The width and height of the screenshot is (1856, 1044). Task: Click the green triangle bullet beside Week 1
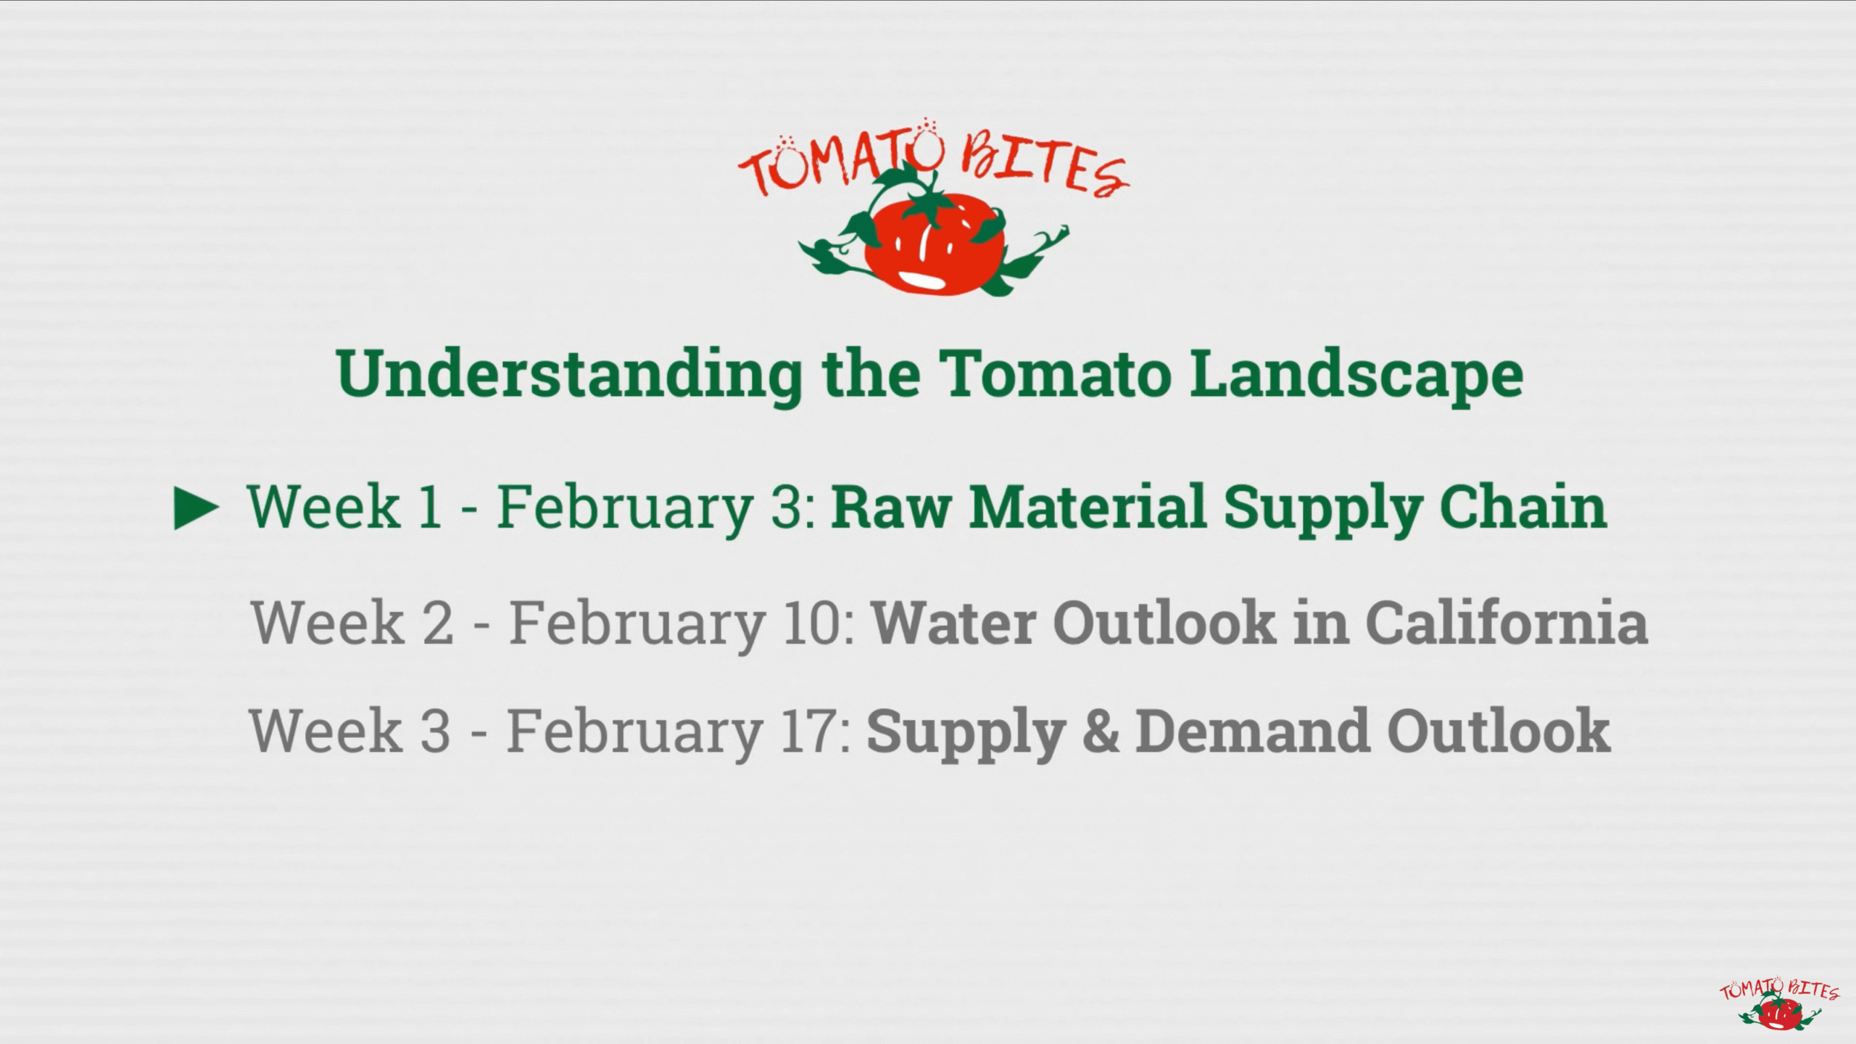click(196, 508)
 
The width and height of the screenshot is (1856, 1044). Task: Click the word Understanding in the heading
click(569, 376)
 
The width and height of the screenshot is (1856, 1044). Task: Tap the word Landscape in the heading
click(1356, 376)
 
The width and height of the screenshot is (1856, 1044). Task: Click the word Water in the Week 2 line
click(953, 623)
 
